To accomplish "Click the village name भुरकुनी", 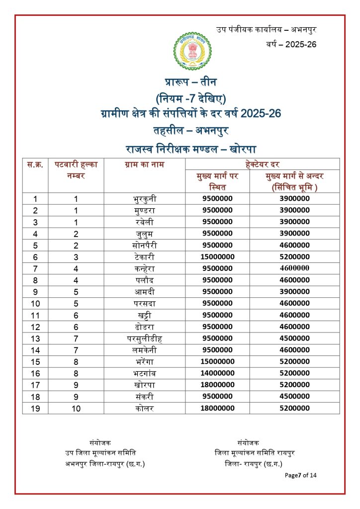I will coord(144,199).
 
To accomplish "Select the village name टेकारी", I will coord(144,257).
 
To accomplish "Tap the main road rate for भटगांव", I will coord(217,373).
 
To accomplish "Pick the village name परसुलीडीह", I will coord(144,339).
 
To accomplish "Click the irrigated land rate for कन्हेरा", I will coord(294,268).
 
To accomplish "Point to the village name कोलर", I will coord(144,408).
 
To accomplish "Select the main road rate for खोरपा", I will coord(217,385).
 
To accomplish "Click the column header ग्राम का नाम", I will coord(144,165).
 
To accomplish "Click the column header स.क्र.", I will coord(35,165).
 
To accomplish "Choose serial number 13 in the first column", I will coord(35,339).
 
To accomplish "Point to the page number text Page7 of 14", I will coord(300,475).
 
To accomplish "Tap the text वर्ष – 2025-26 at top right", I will coord(291,45).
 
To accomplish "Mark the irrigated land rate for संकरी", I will coord(294,397).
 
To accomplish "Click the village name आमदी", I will coord(144,292).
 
